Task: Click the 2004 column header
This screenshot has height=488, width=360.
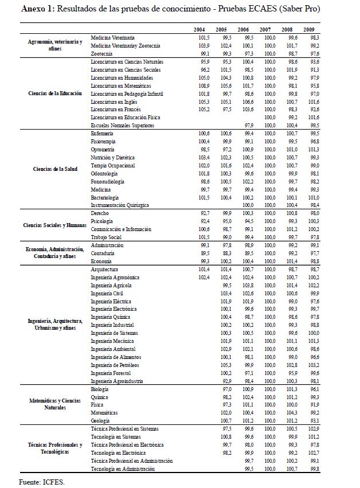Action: [199, 29]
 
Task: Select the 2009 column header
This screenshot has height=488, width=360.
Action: [309, 29]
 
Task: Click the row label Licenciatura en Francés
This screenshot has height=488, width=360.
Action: [116, 109]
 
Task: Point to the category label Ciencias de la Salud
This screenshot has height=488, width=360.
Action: [56, 169]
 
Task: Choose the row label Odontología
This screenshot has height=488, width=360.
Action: [104, 173]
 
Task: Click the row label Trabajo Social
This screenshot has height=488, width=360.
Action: [105, 237]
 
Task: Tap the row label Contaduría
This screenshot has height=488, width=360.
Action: [103, 253]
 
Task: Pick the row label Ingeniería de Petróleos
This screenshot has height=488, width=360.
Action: [115, 365]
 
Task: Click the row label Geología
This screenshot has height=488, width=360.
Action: [101, 420]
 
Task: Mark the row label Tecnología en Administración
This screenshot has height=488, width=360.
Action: [123, 469]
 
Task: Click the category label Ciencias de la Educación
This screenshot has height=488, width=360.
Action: [56, 93]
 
